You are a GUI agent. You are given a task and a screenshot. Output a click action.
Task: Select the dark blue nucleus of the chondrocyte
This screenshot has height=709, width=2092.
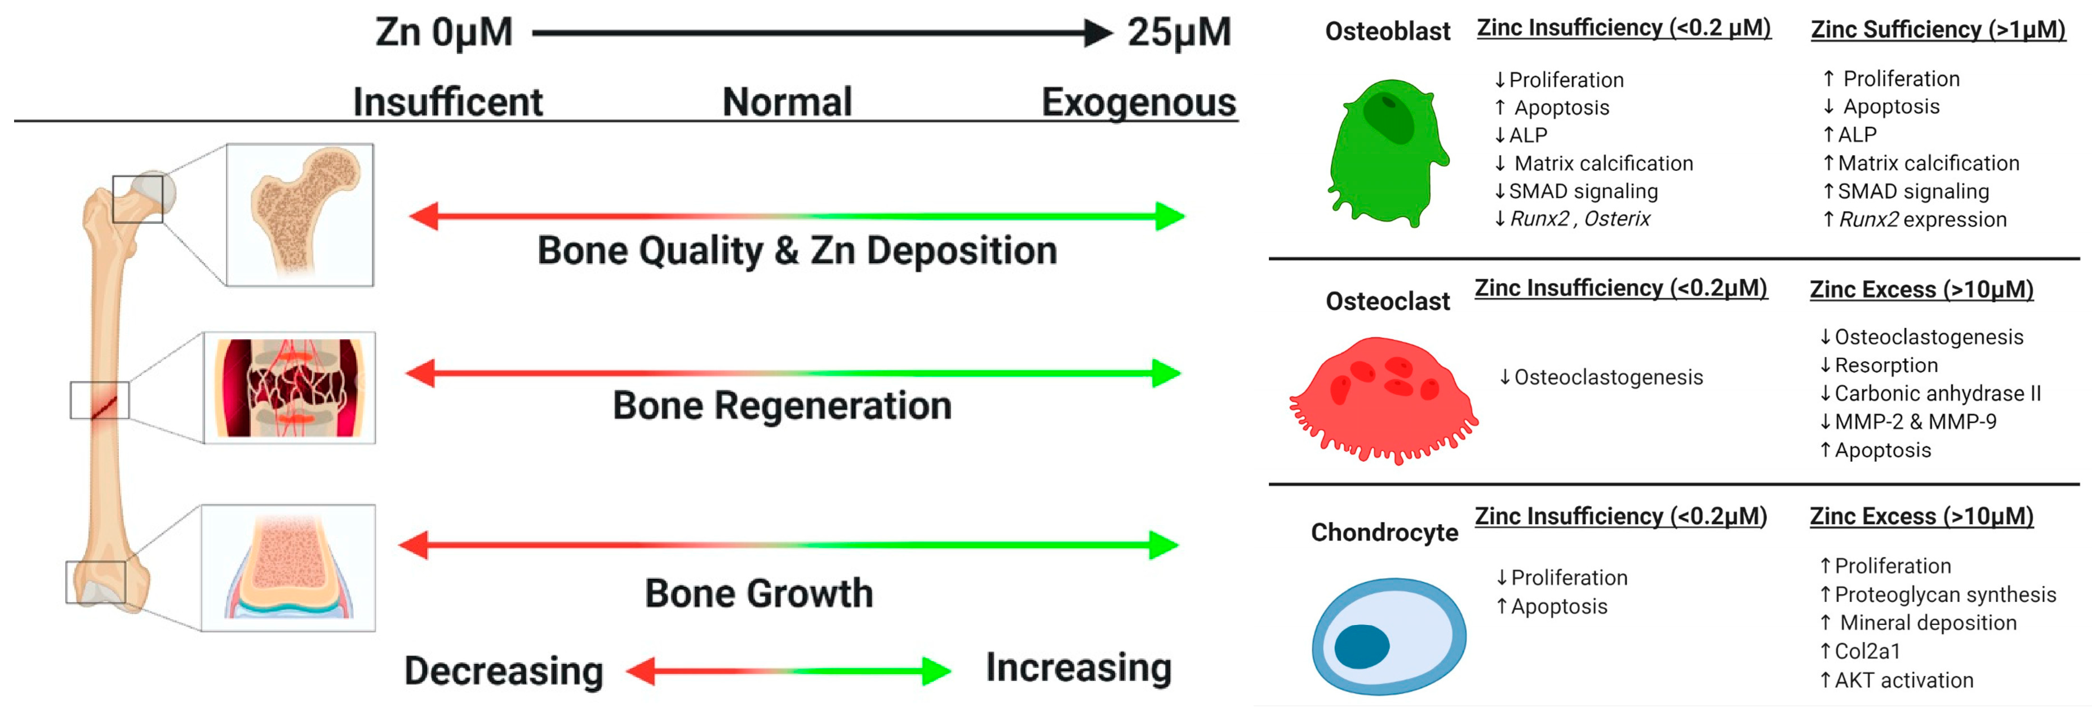click(1362, 646)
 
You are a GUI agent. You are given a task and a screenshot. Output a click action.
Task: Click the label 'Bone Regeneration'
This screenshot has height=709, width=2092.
click(781, 405)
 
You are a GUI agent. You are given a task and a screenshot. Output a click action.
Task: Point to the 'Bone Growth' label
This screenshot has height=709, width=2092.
click(758, 593)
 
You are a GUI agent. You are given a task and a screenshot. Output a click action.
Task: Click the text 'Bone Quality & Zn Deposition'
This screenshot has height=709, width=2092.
click(797, 250)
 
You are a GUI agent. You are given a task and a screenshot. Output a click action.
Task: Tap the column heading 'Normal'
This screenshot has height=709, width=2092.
click(787, 103)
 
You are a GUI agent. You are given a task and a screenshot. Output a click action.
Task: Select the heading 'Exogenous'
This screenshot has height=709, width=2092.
click(1139, 103)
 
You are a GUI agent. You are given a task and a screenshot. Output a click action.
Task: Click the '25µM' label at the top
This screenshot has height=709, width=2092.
click(1178, 33)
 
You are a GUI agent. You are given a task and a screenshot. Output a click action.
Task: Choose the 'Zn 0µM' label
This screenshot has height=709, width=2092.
click(443, 33)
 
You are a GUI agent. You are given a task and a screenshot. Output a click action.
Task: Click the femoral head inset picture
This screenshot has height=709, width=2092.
click(300, 214)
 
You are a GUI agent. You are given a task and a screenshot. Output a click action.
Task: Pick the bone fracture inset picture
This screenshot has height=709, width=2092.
click(290, 387)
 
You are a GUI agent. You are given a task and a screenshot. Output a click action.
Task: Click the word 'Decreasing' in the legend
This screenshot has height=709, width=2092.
click(504, 671)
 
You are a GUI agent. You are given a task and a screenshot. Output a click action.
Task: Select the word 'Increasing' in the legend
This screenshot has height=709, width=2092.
click(1078, 668)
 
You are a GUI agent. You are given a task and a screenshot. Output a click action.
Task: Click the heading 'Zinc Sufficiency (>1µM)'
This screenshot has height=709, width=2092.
click(1938, 30)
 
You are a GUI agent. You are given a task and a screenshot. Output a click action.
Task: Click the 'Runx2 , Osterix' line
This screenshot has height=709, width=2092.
click(1579, 219)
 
